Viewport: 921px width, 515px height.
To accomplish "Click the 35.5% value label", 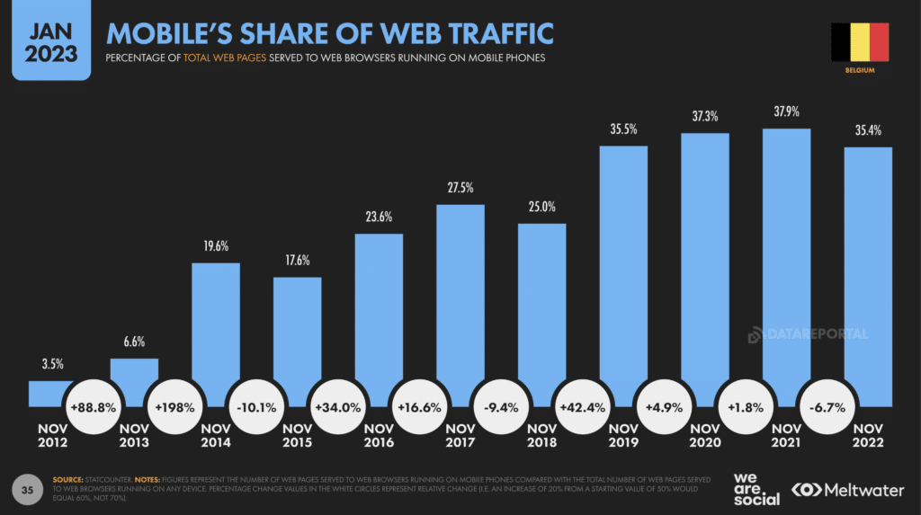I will click(622, 129).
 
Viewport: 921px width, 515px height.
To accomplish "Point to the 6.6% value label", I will click(134, 342).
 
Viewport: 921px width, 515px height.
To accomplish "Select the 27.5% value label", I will click(460, 188).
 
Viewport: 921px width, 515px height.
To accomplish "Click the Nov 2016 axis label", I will click(379, 436).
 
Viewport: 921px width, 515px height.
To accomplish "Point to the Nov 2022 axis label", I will click(868, 436).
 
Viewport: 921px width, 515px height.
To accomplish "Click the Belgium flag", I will click(860, 41).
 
